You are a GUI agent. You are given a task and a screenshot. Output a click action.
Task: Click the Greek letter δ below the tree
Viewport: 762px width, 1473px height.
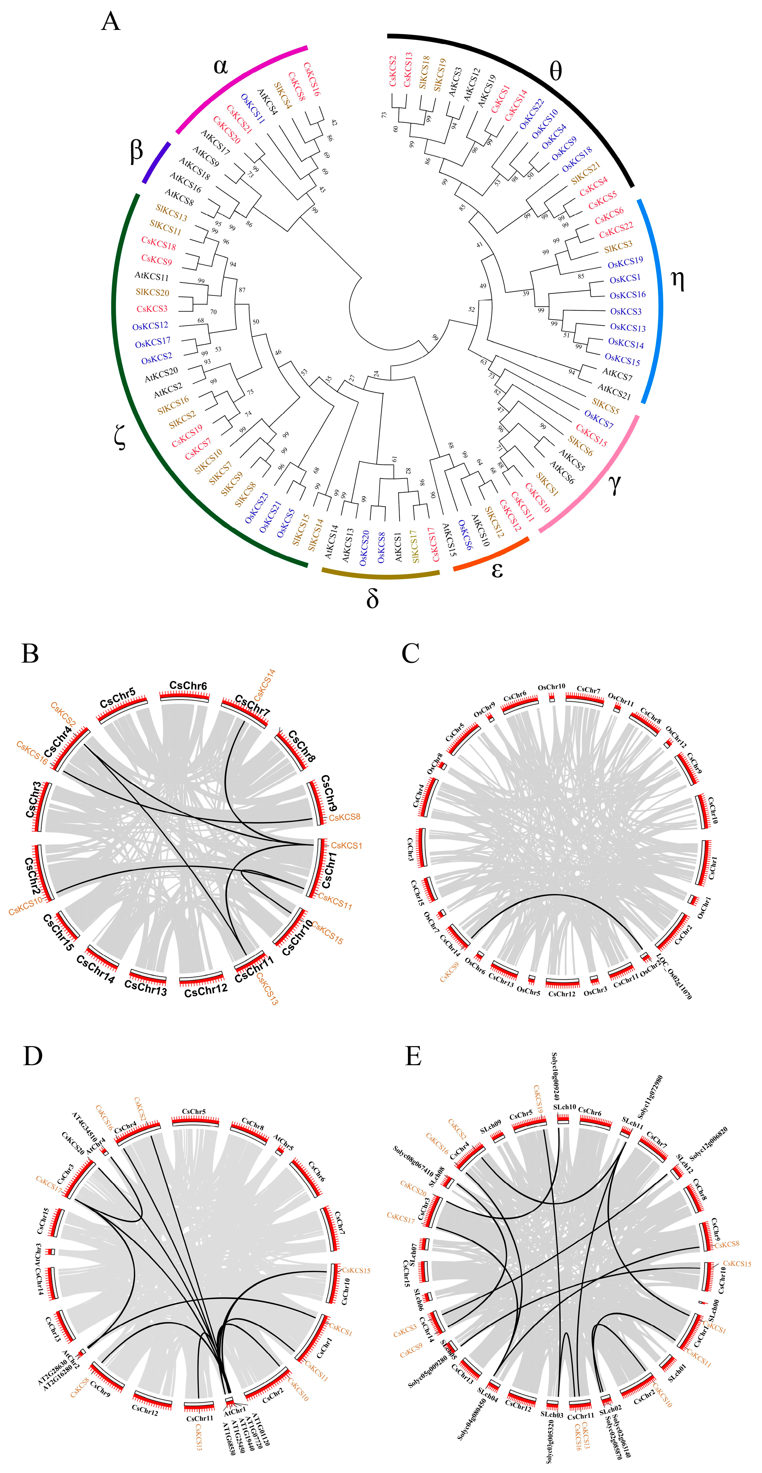(372, 598)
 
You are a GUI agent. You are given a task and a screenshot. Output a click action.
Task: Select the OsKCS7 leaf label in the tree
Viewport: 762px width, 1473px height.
(598, 420)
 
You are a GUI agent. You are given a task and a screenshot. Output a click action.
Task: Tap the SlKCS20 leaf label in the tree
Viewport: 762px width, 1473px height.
(152, 292)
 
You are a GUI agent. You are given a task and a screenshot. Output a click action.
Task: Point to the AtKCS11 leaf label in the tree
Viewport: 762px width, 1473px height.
(152, 276)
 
